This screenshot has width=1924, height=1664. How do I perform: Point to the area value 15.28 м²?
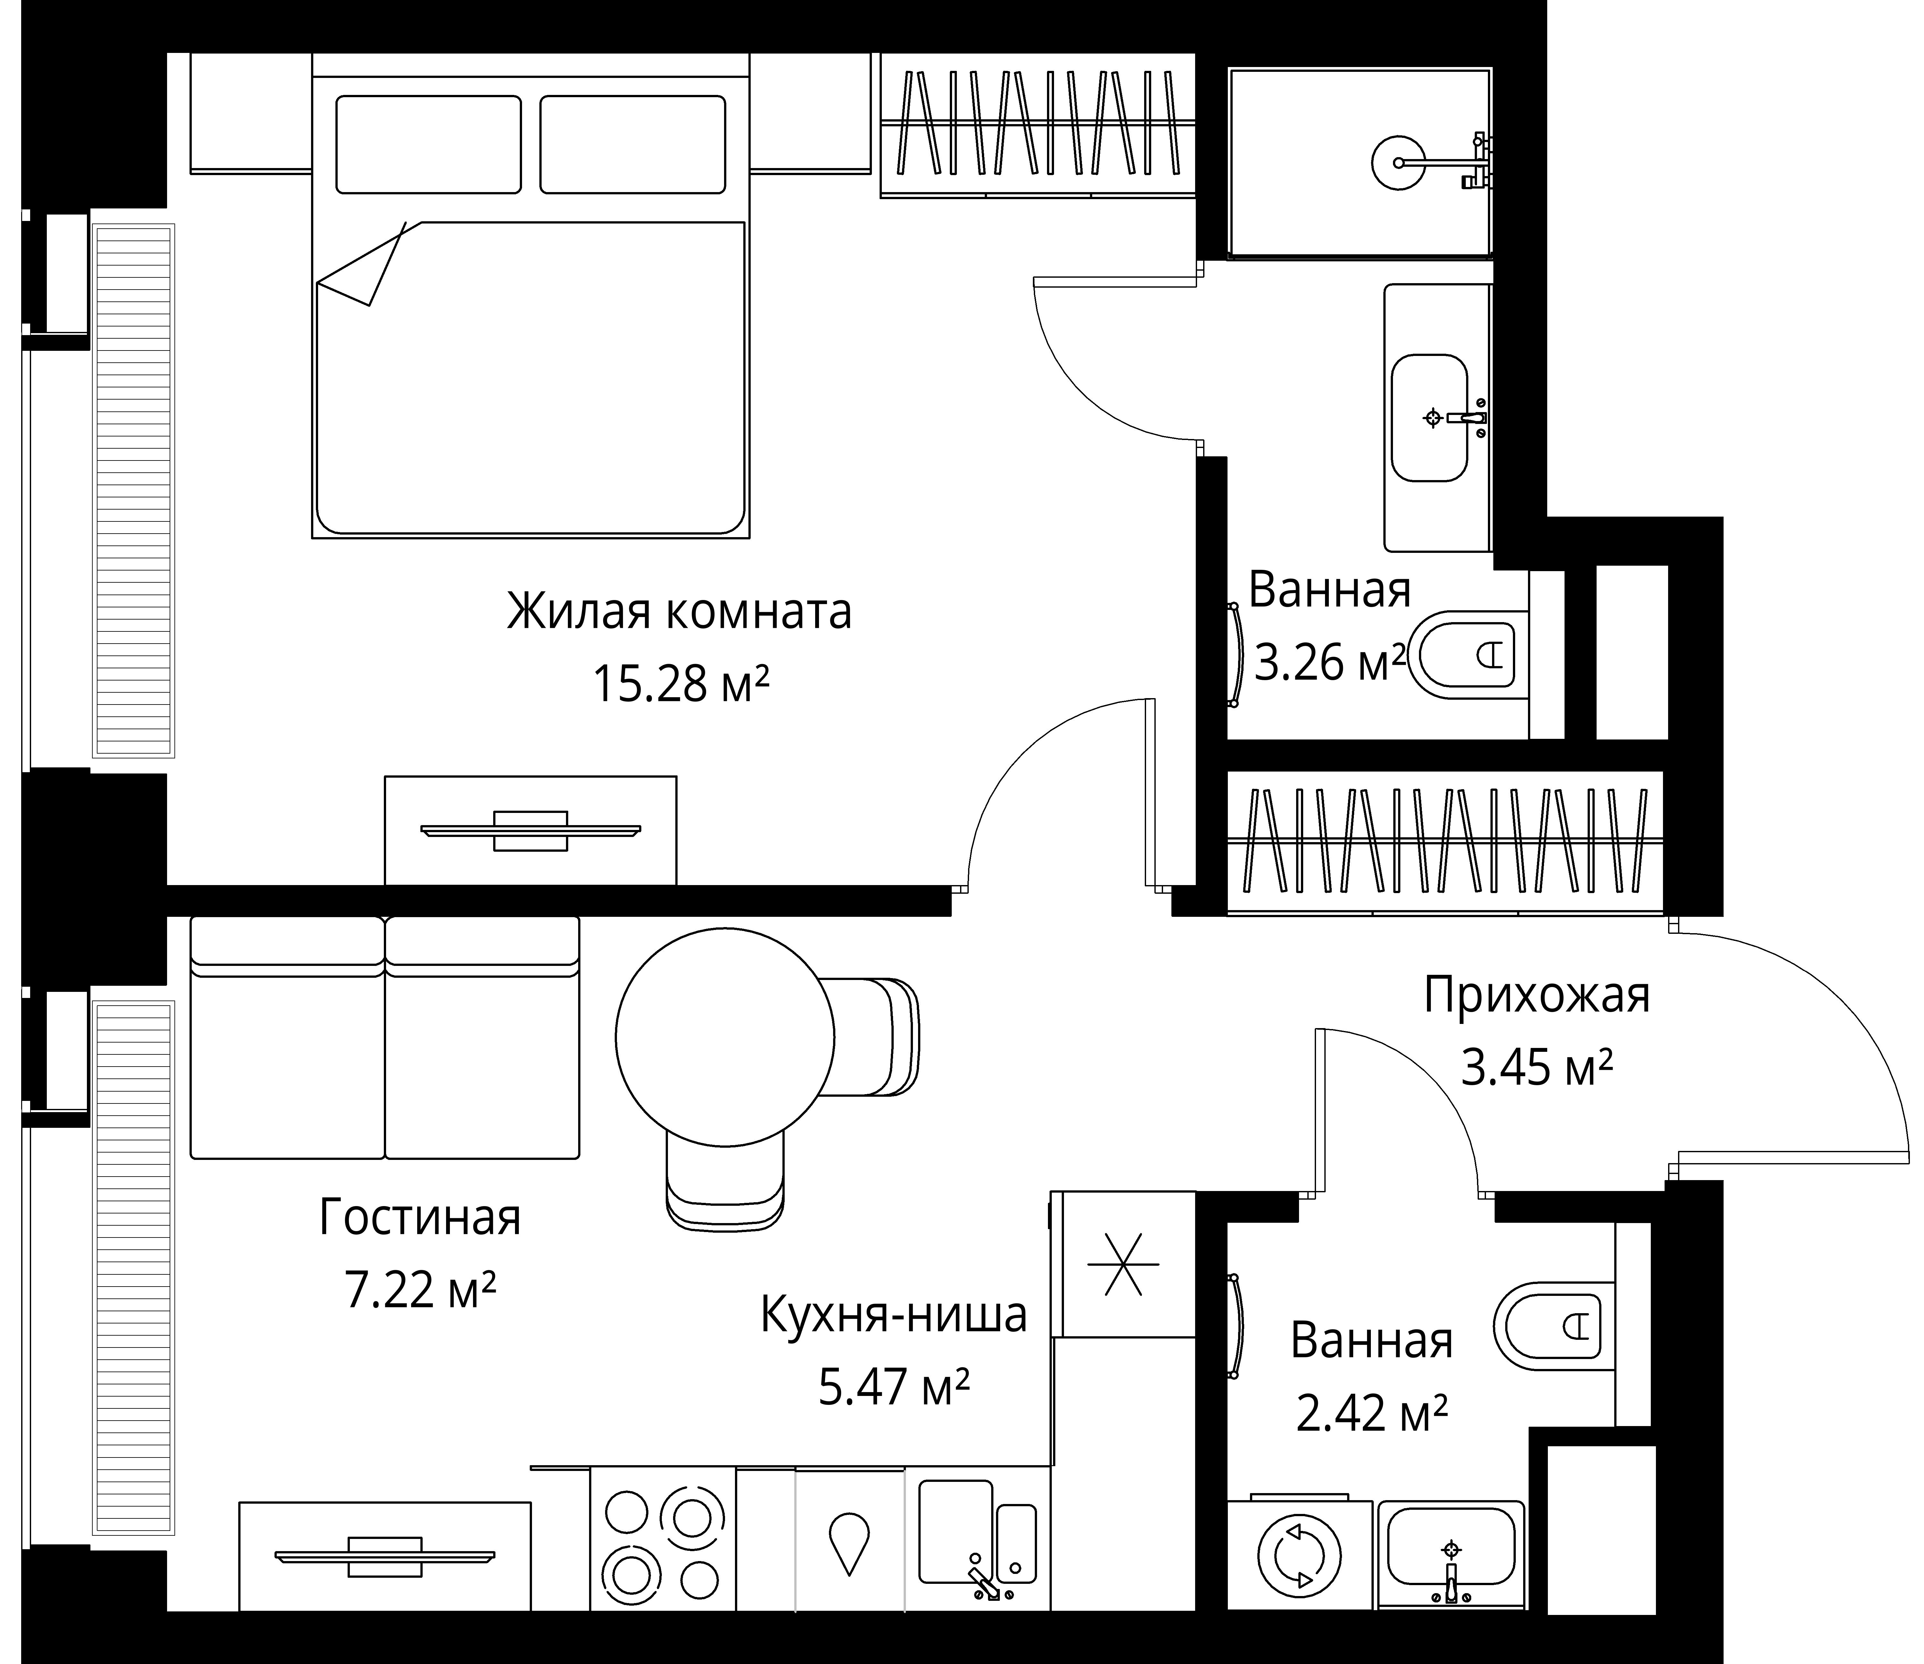[681, 685]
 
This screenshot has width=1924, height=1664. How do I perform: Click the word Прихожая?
[1537, 995]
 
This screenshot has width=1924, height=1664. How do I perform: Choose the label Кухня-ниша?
[893, 1315]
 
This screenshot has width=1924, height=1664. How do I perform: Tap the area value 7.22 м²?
[420, 1290]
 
